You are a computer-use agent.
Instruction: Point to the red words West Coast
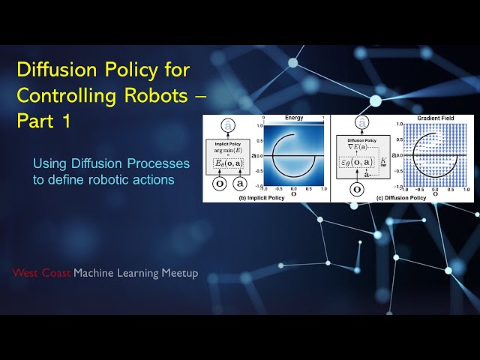(41, 273)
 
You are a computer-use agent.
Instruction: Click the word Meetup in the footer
(180, 273)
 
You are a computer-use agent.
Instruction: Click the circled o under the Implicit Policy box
(219, 184)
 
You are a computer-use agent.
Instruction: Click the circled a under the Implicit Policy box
(240, 184)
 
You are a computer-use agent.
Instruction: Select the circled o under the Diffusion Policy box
(357, 188)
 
